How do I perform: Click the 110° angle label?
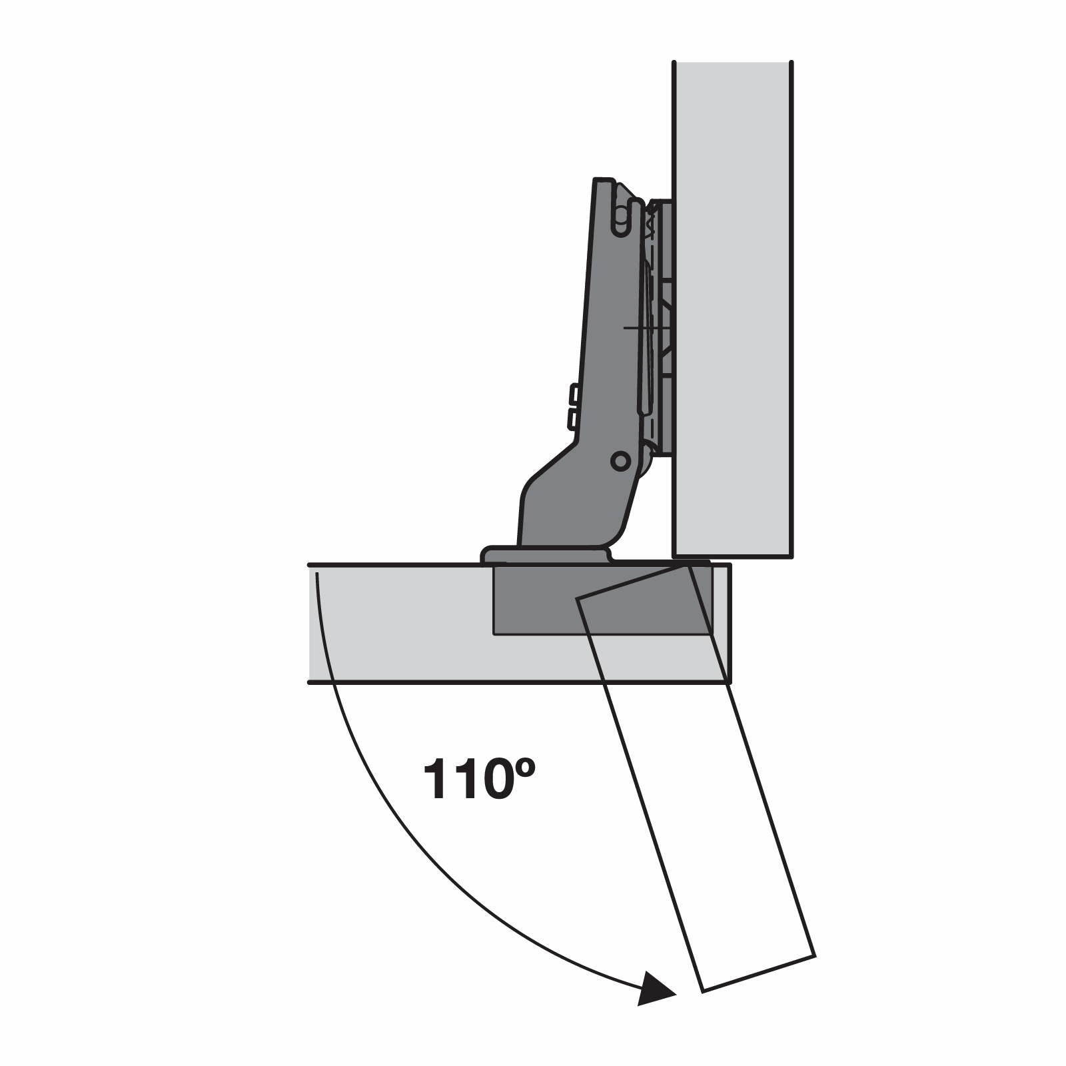478,778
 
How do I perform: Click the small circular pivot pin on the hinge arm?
620,460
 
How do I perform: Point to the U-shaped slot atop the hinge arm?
620,221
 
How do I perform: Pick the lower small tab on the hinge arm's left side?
572,418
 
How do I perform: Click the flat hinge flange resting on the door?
545,555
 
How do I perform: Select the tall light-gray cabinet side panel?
733,306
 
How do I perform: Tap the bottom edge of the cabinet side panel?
733,556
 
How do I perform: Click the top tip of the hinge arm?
603,180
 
